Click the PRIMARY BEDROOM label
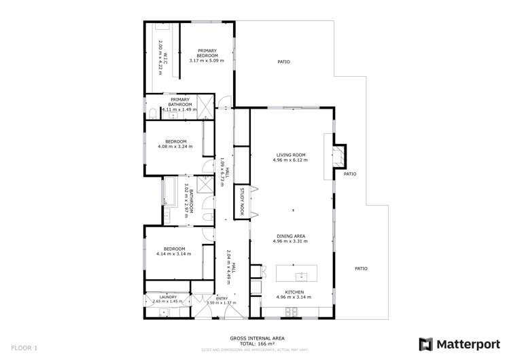(207, 53)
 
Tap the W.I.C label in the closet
(162, 50)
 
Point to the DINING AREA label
(289, 236)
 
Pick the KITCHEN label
(289, 291)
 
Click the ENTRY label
(222, 298)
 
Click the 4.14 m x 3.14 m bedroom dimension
(173, 254)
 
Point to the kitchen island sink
(300, 276)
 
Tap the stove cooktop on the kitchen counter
(292, 312)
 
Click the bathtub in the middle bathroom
(169, 192)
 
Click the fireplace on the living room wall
(338, 155)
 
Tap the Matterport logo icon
(425, 344)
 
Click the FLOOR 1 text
(24, 348)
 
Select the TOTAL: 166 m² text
(256, 343)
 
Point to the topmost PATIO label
(283, 62)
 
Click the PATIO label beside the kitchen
(362, 268)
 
